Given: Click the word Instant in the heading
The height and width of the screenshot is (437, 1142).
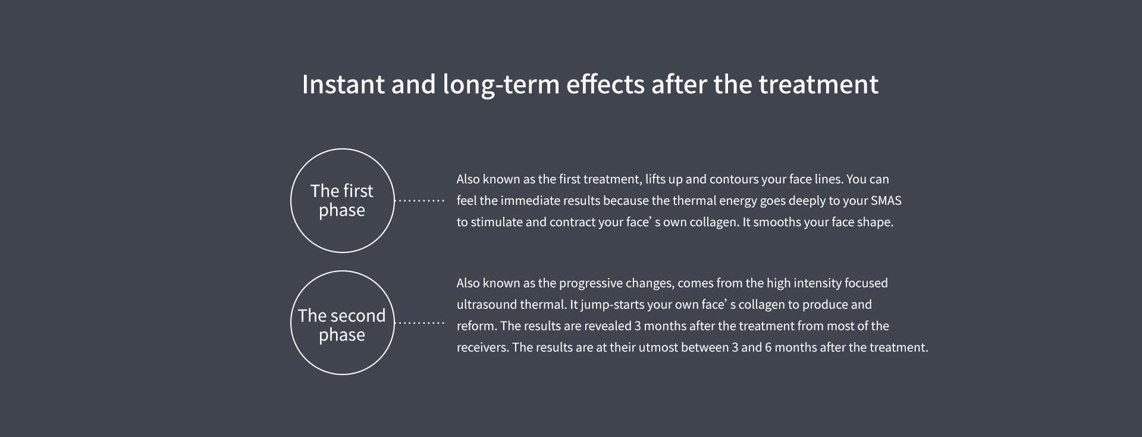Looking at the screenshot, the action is pos(343,84).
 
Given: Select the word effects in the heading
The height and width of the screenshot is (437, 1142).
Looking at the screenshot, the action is pos(605,84).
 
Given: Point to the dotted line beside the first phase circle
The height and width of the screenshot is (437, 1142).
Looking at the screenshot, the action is pos(420,201).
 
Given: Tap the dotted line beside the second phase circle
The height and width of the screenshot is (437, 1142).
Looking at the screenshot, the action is pos(420,323).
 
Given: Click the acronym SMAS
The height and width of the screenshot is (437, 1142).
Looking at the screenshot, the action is pos(886,201).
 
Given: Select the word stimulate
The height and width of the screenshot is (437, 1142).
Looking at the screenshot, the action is pos(497,222).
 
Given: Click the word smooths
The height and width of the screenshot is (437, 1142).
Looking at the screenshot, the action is pos(777,222).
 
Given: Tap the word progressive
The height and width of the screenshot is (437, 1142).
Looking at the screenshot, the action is pos(591,283).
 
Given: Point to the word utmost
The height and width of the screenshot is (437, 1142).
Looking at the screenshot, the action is pos(658,348).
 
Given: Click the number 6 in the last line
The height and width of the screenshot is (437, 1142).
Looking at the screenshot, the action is pos(768,348).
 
